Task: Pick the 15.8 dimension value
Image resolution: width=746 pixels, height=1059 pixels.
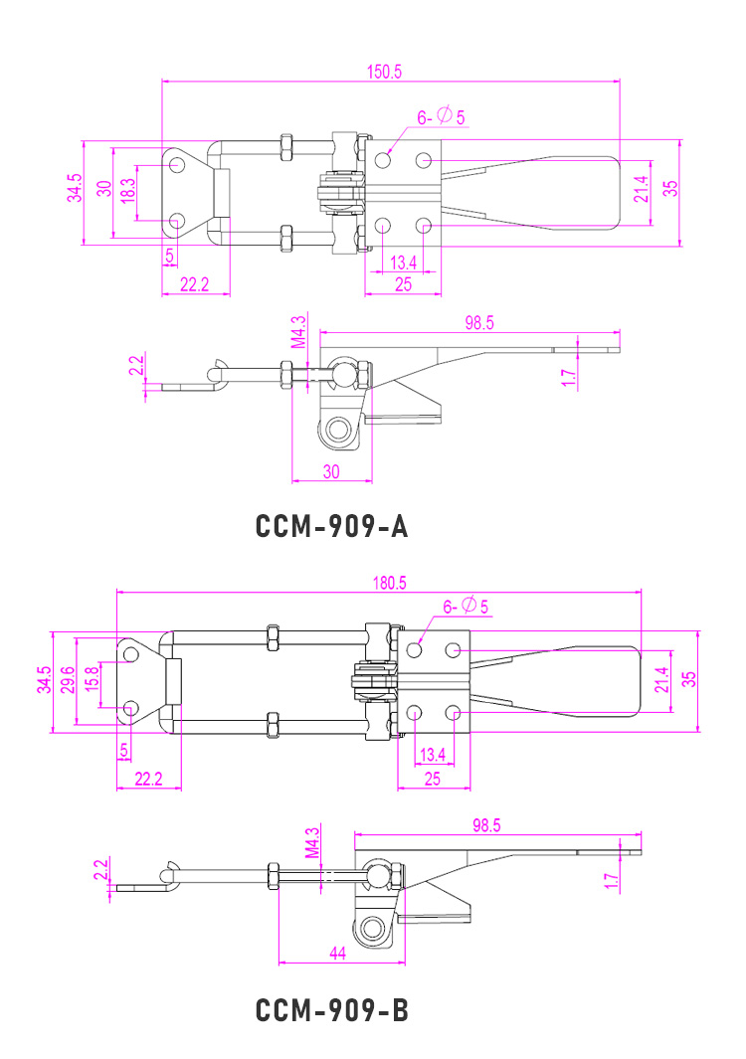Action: click(92, 682)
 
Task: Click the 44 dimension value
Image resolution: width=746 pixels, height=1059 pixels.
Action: click(337, 953)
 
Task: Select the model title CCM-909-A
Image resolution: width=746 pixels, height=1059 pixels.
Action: click(332, 526)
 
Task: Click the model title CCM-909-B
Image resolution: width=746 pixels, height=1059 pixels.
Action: click(332, 1011)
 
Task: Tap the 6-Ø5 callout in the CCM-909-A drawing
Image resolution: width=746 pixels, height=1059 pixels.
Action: click(441, 117)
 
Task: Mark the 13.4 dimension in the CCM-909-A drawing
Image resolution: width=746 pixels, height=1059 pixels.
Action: click(404, 263)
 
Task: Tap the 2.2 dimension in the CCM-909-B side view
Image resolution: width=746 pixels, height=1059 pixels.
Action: click(99, 871)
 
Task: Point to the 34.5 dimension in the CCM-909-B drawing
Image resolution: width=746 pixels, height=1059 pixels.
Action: click(43, 682)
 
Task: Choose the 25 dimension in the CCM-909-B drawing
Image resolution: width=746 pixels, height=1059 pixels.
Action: click(432, 779)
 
